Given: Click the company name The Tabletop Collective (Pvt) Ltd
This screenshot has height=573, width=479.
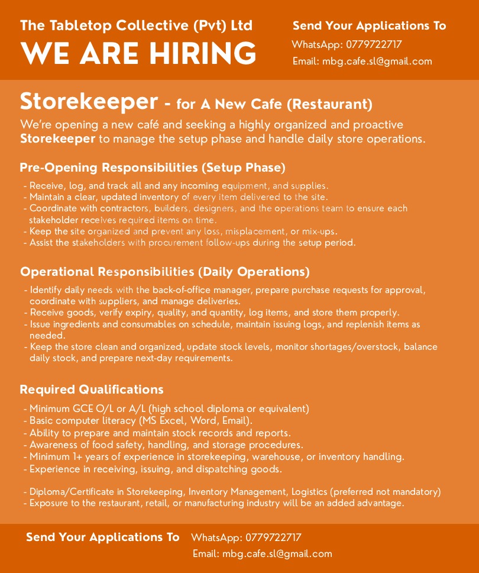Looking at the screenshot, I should pos(136,26).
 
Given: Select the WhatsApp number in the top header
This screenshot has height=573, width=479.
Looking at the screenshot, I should pos(374,44).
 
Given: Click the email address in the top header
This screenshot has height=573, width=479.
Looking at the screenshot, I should pos(377,61).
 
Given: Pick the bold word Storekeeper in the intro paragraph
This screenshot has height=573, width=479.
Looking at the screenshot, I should pos(57,139).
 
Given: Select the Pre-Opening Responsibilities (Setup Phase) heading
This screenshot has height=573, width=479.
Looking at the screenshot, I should pos(153,168).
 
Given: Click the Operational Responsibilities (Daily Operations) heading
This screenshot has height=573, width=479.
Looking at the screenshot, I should pos(164,272).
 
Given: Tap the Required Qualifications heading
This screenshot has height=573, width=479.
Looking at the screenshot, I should pos(92,389).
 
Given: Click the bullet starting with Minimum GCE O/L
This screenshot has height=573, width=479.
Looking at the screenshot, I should pos(169,408).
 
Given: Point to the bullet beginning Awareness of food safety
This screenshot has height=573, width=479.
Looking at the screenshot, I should pos(166,445).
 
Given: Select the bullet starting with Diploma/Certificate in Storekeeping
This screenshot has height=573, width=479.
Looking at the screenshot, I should pos(235,491).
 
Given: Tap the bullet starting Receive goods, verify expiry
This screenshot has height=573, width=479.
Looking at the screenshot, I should pos(214,312).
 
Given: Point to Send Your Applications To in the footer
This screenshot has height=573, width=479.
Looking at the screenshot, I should pos(102,537).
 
